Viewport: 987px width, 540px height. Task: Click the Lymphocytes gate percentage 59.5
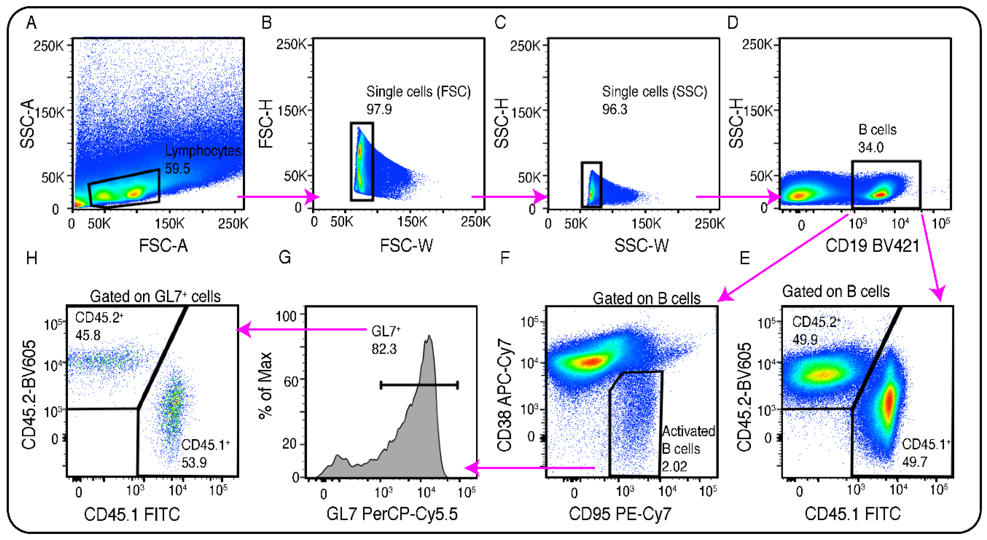click(x=177, y=168)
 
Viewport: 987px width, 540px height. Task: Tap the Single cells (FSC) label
click(x=418, y=92)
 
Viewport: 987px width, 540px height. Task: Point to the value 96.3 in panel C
click(x=615, y=110)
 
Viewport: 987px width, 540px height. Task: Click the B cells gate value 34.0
click(x=871, y=148)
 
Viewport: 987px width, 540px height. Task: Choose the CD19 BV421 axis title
click(x=872, y=246)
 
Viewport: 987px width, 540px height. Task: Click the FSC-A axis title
click(x=163, y=246)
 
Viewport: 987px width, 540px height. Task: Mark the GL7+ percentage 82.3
click(x=384, y=349)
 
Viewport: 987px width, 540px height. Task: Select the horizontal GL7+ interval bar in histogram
click(x=419, y=385)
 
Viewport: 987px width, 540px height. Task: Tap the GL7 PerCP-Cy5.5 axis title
click(x=392, y=514)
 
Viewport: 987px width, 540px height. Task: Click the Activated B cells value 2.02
click(x=674, y=466)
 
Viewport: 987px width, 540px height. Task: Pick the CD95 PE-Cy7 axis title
click(x=620, y=514)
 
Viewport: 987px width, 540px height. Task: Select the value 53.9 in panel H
click(x=194, y=462)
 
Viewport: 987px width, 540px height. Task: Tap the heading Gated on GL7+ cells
click(x=155, y=296)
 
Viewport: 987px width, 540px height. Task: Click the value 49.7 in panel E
click(x=915, y=462)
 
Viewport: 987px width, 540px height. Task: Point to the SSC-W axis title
click(x=642, y=246)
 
